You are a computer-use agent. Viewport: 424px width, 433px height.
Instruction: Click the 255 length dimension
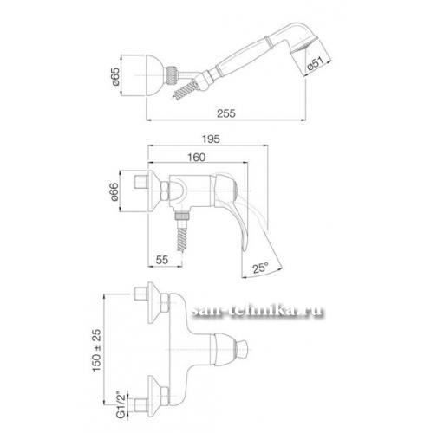click(226, 113)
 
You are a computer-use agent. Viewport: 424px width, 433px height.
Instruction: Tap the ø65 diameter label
click(115, 76)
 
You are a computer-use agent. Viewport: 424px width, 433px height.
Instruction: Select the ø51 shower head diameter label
click(316, 64)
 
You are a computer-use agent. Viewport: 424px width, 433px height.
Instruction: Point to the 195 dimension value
click(211, 139)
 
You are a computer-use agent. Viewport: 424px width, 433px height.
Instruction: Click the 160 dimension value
click(197, 158)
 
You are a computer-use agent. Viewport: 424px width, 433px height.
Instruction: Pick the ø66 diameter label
click(114, 191)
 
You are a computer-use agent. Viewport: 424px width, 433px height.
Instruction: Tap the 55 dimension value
click(162, 260)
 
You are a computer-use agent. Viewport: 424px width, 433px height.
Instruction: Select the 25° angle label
click(260, 268)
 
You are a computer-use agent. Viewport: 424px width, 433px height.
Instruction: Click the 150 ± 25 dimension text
click(97, 350)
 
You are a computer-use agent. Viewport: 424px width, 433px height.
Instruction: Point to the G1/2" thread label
click(121, 405)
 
